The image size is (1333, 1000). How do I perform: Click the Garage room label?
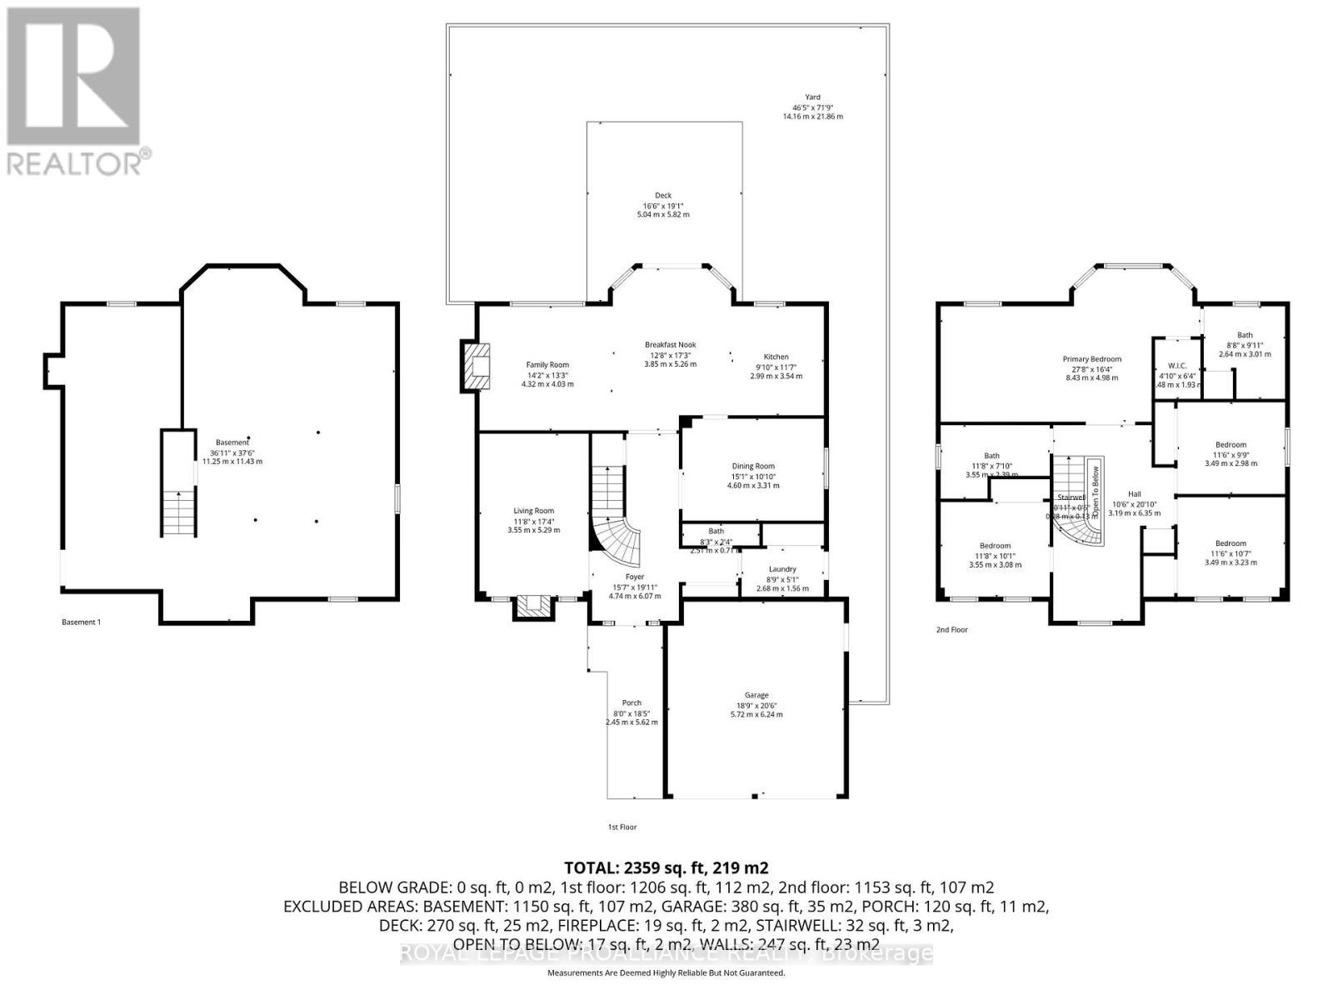click(756, 695)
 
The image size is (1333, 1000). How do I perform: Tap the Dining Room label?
click(753, 467)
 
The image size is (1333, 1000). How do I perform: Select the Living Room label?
click(533, 511)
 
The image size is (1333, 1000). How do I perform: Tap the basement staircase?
click(179, 512)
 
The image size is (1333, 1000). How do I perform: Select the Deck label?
click(663, 196)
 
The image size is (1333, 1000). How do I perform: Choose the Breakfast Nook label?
click(670, 344)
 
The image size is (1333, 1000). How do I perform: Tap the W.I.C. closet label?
click(1177, 365)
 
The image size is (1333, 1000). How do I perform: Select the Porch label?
click(632, 702)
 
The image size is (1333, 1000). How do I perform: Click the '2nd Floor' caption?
click(951, 630)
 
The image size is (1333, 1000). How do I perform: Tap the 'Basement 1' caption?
click(81, 622)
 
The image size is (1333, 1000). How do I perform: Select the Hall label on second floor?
click(1134, 493)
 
